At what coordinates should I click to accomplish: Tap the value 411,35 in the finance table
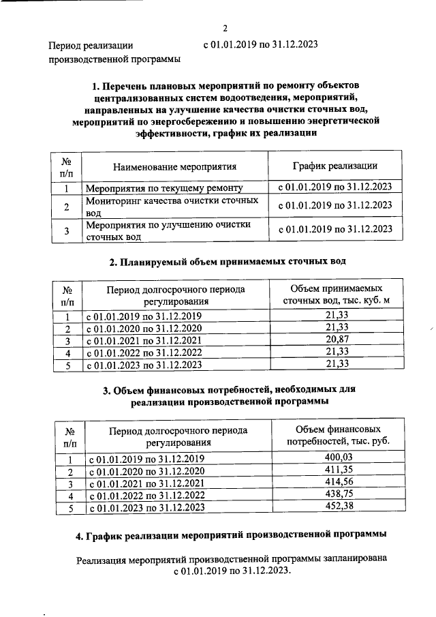pyautogui.click(x=338, y=471)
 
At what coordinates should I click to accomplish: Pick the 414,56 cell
pyautogui.click(x=338, y=483)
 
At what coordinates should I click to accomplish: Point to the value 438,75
pyautogui.click(x=338, y=496)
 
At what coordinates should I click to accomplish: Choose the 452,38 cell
pyautogui.click(x=338, y=508)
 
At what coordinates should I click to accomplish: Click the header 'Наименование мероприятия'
pyautogui.click(x=174, y=166)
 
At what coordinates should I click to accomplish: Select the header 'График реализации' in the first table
pyautogui.click(x=335, y=166)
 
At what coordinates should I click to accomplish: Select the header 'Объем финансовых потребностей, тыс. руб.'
pyautogui.click(x=338, y=436)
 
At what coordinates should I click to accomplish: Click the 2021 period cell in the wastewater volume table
pyautogui.click(x=143, y=341)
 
